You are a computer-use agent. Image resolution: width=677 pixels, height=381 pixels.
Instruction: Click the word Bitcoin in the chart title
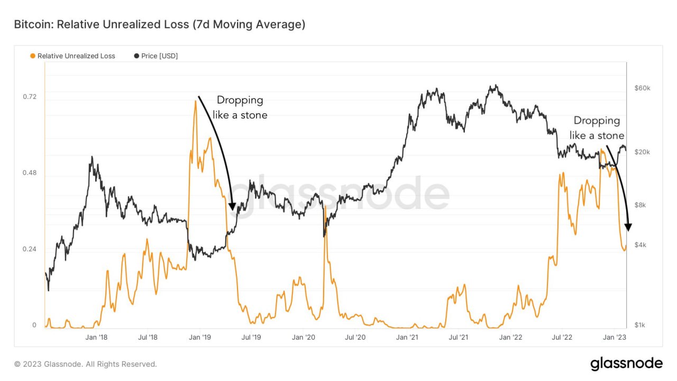33,24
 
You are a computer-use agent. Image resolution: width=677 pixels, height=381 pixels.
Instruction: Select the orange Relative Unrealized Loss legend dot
33,56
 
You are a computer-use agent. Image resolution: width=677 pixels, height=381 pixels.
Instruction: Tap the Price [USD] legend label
159,56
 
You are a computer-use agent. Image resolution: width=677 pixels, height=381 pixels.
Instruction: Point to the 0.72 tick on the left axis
30,97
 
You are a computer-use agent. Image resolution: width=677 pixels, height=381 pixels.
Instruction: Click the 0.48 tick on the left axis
30,173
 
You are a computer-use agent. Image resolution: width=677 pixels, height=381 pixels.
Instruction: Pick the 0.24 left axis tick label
30,249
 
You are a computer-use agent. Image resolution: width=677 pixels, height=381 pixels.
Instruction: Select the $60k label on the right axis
642,88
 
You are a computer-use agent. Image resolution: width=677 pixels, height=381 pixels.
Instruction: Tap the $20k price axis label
642,152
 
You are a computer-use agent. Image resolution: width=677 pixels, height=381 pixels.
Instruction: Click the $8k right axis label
641,205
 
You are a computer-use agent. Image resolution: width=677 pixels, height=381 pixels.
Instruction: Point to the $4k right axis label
641,245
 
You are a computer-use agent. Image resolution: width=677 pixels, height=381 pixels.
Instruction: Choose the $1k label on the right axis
640,325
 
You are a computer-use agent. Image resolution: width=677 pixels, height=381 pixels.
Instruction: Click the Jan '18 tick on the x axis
96,338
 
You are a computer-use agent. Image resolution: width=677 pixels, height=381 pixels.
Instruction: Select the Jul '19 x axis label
251,338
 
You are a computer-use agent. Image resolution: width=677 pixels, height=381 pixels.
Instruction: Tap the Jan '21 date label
407,338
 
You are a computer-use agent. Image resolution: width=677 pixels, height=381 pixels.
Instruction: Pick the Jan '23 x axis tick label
615,338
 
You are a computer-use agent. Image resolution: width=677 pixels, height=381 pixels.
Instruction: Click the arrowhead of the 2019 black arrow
232,207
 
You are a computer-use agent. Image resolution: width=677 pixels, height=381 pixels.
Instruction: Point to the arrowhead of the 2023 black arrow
628,228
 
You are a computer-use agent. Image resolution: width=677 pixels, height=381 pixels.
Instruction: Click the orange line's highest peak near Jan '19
196,101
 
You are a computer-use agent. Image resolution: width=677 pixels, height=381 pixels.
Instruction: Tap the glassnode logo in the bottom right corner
627,364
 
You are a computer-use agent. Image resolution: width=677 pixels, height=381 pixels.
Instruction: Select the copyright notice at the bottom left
86,364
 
